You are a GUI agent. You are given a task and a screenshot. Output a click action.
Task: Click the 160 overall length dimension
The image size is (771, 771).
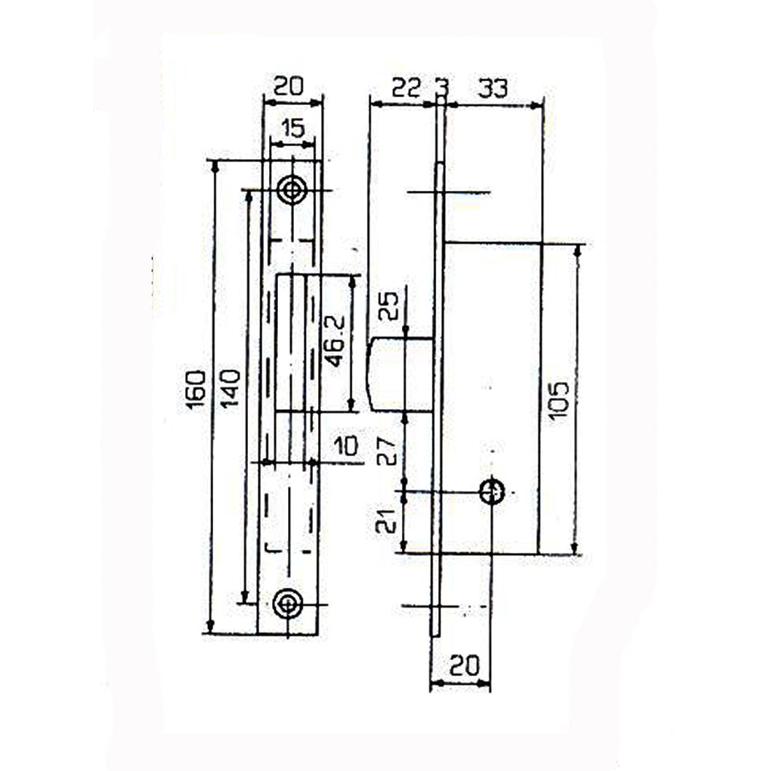(196, 390)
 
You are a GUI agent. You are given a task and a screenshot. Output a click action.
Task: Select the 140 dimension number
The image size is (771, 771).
(230, 390)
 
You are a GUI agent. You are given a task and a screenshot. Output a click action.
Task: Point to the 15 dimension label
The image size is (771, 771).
(292, 129)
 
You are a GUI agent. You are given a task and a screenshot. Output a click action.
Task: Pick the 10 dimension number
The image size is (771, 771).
(346, 445)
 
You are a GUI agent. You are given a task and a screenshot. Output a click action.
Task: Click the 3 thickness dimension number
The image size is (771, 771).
(441, 88)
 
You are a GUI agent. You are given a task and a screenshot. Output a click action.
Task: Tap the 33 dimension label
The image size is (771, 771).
(493, 88)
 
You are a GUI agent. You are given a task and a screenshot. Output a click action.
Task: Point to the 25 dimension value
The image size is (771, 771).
(390, 306)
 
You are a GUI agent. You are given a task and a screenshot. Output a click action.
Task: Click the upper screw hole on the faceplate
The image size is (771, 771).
(293, 190)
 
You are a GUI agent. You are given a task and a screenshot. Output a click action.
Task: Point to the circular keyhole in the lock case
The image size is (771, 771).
(492, 492)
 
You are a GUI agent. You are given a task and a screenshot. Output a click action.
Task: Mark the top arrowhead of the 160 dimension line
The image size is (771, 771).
(214, 166)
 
